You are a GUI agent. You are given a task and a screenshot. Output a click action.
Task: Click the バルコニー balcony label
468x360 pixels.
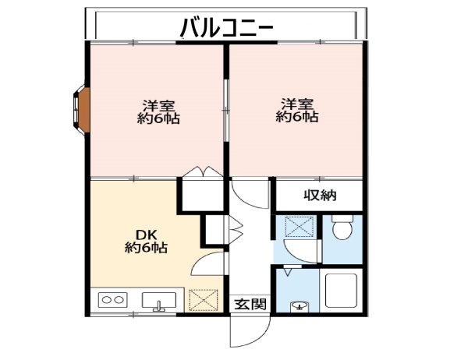pos(226,28)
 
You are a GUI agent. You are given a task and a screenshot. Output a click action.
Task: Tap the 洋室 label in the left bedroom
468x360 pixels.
pos(158,105)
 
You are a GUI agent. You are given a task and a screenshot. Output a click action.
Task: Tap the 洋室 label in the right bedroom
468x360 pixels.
pos(296,104)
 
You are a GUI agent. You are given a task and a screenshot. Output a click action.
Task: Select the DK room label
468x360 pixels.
pos(147,235)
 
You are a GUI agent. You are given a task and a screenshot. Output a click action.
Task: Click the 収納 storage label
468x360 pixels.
pos(320,196)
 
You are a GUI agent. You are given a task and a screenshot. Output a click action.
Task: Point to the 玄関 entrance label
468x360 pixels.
pos(250,304)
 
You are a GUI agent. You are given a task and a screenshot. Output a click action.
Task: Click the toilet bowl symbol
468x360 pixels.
pos(342,228)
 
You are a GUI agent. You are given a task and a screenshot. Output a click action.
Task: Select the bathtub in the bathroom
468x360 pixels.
pos(341,290)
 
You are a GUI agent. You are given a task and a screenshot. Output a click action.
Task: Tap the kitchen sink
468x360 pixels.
pos(159,301)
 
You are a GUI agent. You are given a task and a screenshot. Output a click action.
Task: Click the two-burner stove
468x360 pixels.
pos(112,300)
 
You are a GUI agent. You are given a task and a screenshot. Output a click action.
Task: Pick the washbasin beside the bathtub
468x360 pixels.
pos(299,307)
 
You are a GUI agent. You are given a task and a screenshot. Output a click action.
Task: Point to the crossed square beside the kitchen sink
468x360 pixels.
pos(204,300)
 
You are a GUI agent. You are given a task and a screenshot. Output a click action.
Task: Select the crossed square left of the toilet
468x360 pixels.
pos(300,227)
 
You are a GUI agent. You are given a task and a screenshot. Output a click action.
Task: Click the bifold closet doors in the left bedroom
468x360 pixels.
pos(203,172)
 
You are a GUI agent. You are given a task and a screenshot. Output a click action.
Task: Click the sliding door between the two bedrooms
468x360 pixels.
pos(226,110)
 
